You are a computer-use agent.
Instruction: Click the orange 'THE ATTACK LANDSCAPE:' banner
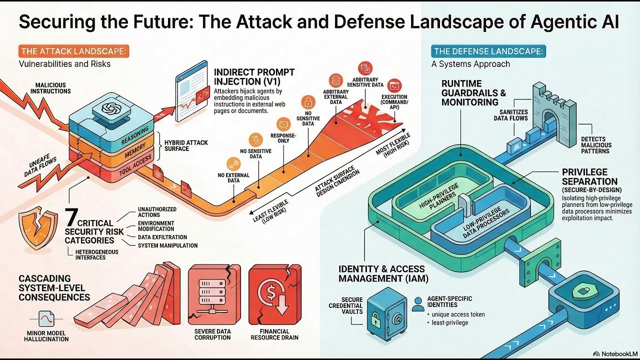[74, 51]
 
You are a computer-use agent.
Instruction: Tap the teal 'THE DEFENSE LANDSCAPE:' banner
[489, 51]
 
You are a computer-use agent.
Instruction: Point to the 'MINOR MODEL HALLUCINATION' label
[46, 335]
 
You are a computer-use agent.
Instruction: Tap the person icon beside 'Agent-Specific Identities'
[417, 303]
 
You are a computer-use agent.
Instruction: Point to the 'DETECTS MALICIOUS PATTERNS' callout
[596, 145]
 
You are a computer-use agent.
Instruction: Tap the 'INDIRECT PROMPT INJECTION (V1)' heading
[247, 77]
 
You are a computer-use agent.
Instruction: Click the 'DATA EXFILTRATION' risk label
[162, 237]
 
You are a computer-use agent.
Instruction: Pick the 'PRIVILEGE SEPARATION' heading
[589, 176]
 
